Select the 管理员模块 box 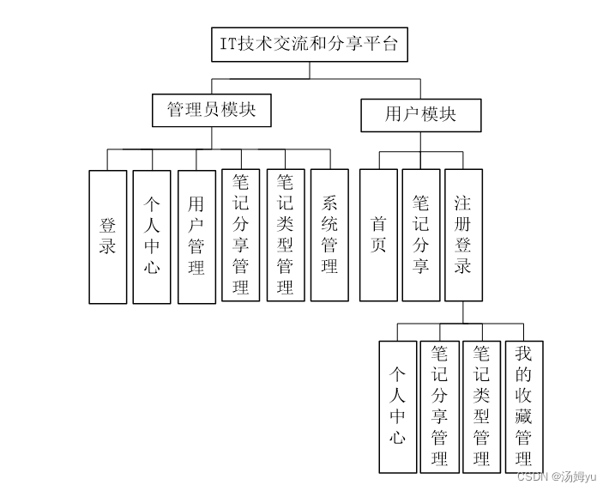point(210,111)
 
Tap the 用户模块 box point(420,114)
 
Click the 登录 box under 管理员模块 point(108,236)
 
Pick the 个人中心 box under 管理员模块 point(152,236)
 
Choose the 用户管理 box point(196,236)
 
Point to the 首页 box point(378,234)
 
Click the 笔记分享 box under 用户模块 point(420,234)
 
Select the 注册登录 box point(463,234)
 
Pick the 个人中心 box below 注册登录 point(397,407)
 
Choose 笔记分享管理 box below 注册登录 point(439,407)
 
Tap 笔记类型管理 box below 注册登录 point(481,407)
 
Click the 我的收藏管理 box point(523,405)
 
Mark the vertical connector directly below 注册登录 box point(463,312)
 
